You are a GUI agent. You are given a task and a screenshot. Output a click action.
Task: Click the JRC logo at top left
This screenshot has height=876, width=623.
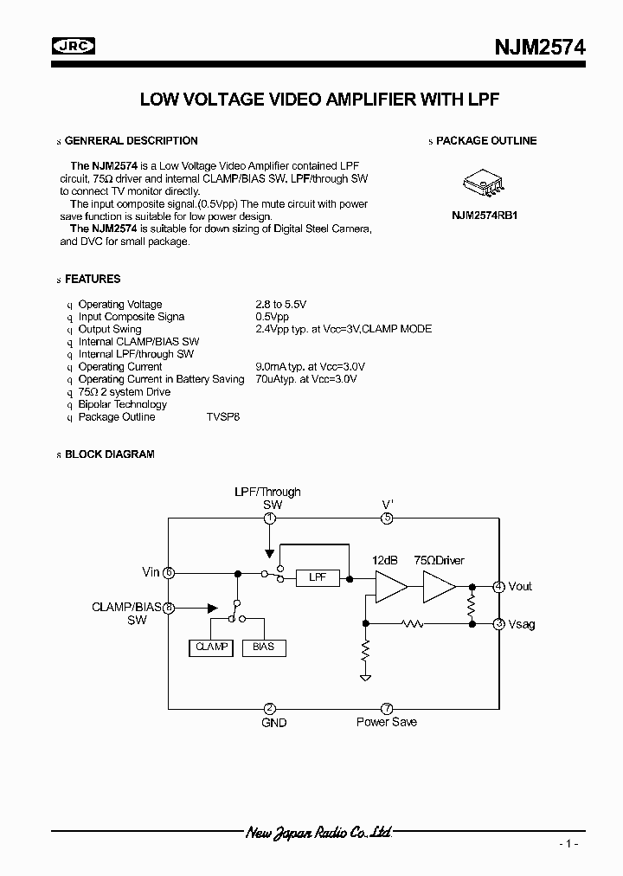[x=74, y=47]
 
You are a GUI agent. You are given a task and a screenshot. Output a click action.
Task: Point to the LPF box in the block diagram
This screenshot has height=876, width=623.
[x=317, y=577]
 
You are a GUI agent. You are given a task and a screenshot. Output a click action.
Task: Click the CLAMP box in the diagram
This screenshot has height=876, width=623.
[x=211, y=647]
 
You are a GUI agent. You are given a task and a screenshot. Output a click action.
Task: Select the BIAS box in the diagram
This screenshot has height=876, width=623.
[x=263, y=647]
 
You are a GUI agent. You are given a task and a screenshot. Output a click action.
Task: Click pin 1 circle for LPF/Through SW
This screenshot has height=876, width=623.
[x=270, y=518]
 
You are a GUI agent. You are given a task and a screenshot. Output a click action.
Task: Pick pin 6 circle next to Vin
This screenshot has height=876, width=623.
[x=169, y=572]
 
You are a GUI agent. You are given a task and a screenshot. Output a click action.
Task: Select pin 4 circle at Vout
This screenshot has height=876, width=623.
[x=499, y=586]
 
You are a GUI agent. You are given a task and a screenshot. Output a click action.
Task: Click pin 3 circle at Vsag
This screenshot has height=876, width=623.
[x=499, y=623]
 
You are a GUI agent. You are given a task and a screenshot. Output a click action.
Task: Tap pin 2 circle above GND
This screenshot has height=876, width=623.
[x=270, y=708]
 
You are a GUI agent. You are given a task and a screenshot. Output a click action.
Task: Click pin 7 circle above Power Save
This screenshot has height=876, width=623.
[x=387, y=708]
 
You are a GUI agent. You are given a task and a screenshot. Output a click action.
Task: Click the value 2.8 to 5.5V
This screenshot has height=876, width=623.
[x=281, y=304]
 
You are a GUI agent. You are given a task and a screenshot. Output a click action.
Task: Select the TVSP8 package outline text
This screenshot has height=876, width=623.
[x=222, y=416]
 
